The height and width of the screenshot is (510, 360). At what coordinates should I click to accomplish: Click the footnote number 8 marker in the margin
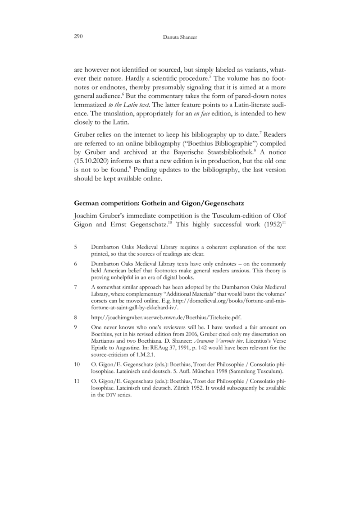(x=75, y=317)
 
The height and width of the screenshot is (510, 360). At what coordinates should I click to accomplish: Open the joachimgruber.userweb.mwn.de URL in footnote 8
(x=166, y=317)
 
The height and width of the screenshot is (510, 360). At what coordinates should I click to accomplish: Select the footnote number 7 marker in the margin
(x=75, y=287)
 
